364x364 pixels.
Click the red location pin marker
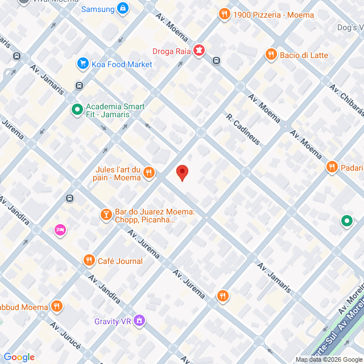(x=182, y=172)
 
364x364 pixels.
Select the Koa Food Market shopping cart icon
(x=83, y=64)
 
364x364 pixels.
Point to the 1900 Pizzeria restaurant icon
(x=225, y=14)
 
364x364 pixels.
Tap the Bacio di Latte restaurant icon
(x=271, y=55)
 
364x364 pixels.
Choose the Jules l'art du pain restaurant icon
(x=149, y=172)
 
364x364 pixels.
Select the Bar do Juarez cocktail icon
(x=105, y=214)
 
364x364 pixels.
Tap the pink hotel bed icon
(x=60, y=230)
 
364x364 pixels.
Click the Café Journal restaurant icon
(x=89, y=260)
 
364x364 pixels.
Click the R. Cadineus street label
(x=243, y=130)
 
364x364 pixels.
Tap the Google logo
(x=19, y=357)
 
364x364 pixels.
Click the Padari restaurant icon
(x=332, y=167)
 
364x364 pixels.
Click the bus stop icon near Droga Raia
(x=216, y=60)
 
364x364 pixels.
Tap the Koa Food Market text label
(x=122, y=64)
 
